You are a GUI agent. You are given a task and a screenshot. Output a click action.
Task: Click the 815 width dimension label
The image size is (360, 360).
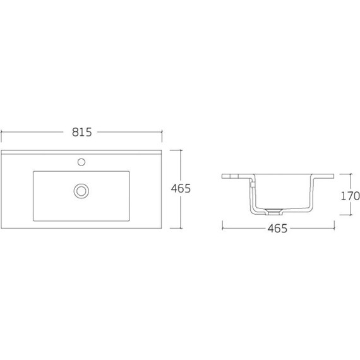[81, 132]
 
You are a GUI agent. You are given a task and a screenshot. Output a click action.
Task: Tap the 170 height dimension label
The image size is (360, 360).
[350, 196]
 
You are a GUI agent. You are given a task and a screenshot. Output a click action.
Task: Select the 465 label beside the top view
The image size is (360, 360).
[181, 188]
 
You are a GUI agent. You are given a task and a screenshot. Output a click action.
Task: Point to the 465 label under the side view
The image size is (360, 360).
[277, 229]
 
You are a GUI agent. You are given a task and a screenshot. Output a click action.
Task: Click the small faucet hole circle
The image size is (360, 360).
[81, 162]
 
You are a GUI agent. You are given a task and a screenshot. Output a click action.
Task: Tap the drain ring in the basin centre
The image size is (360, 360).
[81, 191]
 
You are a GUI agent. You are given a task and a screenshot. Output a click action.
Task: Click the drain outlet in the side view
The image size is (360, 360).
[273, 212]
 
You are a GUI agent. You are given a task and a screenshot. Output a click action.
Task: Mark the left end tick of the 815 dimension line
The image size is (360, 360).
[1, 132]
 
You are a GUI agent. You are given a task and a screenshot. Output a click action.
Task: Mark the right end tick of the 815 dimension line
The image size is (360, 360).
[162, 132]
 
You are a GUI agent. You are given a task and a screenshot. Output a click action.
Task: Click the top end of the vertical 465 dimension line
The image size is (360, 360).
[181, 150]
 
